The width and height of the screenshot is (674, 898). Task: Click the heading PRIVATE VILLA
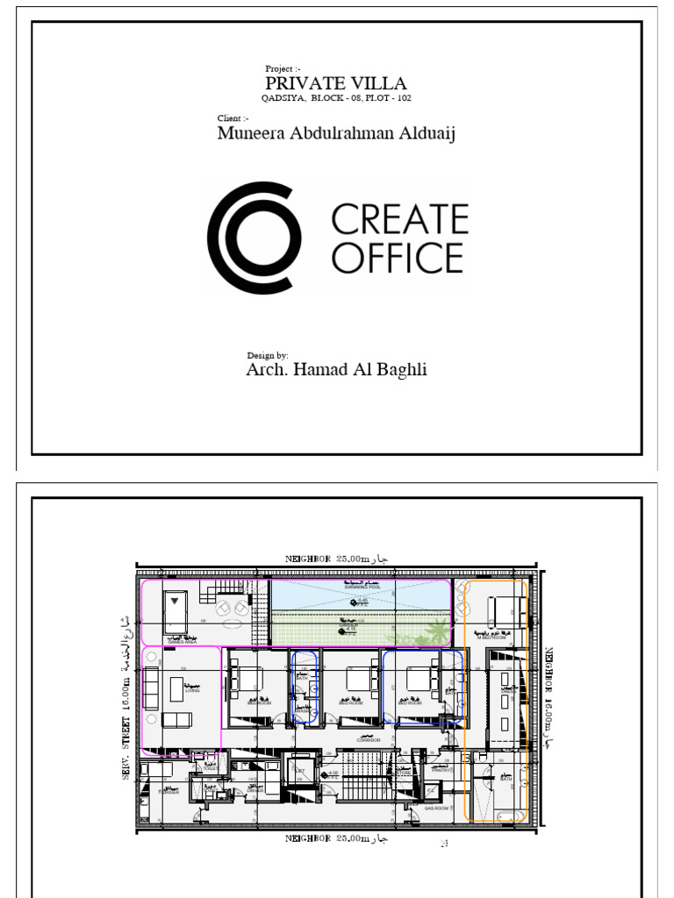pos(336,83)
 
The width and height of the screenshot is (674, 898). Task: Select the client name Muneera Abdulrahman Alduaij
pos(336,133)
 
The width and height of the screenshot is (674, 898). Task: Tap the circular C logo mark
pos(255,237)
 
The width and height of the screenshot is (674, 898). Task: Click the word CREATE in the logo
pos(399,218)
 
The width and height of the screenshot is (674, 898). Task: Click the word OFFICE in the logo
pos(398,258)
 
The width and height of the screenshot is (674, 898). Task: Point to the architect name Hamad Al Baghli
pos(336,369)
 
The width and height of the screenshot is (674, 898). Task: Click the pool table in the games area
pos(178,605)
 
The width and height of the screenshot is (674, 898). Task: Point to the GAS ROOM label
pos(436,808)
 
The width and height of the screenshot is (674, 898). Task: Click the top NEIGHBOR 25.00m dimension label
pos(336,558)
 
